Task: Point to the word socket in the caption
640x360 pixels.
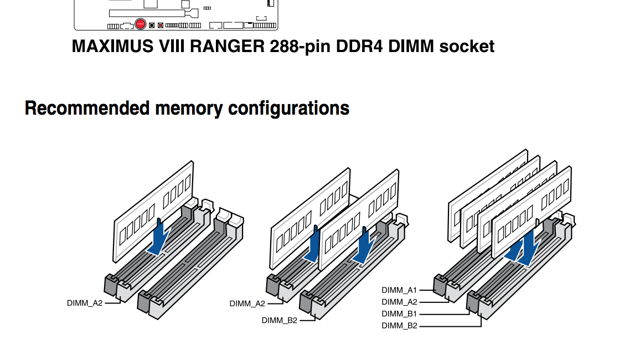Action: [x=466, y=46]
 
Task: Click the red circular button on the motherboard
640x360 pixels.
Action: [x=140, y=24]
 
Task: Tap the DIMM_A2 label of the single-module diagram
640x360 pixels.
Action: [x=85, y=303]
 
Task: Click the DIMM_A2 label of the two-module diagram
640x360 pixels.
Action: [x=247, y=303]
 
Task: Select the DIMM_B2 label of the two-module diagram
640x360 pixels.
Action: [x=279, y=320]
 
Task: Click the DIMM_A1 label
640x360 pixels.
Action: [x=399, y=290]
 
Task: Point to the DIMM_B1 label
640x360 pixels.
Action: [x=399, y=313]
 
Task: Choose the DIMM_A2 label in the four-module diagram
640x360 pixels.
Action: [x=399, y=302]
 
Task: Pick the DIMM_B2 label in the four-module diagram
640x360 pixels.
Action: [x=399, y=326]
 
